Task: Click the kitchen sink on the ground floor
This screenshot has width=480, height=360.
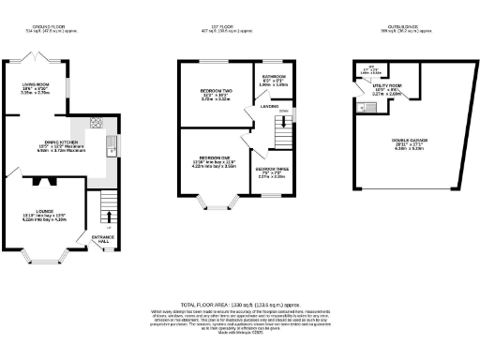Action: click(x=111, y=143)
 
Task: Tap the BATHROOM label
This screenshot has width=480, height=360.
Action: click(x=274, y=76)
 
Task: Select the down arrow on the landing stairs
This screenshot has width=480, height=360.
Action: click(x=286, y=112)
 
